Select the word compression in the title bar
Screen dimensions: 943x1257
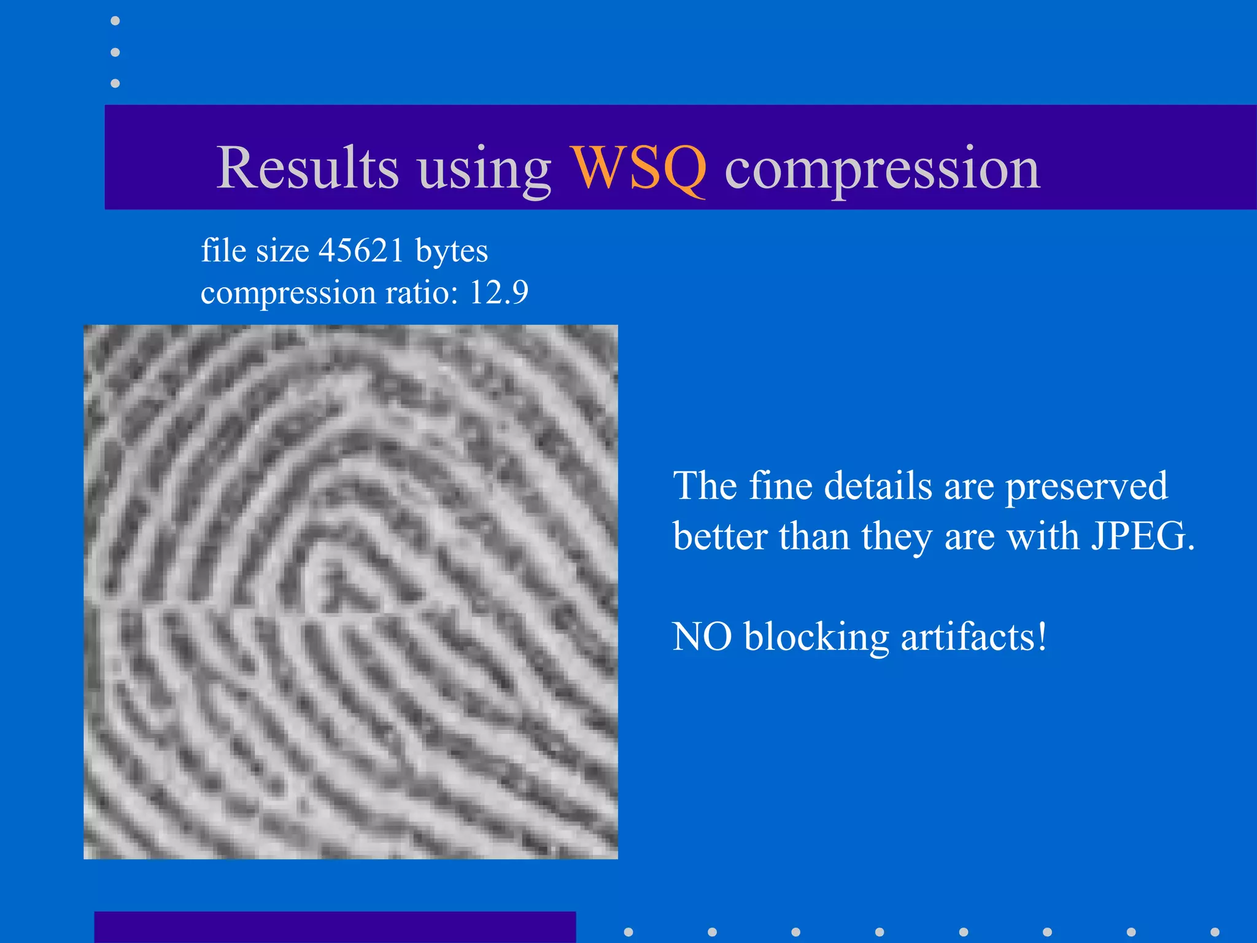point(882,169)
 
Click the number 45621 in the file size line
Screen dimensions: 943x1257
point(361,250)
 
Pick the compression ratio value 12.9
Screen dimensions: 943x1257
point(498,292)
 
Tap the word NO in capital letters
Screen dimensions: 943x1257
point(702,637)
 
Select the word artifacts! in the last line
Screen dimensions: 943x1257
point(974,637)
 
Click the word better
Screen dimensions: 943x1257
point(720,536)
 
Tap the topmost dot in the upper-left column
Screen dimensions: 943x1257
point(115,21)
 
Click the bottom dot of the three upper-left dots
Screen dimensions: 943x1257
point(115,83)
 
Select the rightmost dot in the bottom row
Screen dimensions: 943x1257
point(1215,932)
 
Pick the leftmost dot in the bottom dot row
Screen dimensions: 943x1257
point(628,932)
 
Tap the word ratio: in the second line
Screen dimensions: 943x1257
point(422,292)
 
